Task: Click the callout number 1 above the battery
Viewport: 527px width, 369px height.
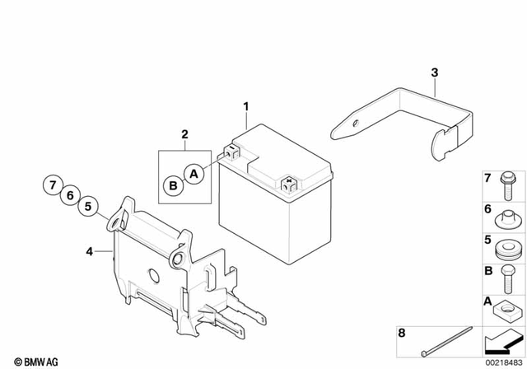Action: [245, 106]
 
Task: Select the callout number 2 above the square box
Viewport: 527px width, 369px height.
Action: [185, 133]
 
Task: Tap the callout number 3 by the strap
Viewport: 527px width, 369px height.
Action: [434, 73]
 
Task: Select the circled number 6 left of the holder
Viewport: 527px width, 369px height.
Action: [70, 195]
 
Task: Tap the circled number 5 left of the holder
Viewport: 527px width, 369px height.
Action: [89, 206]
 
